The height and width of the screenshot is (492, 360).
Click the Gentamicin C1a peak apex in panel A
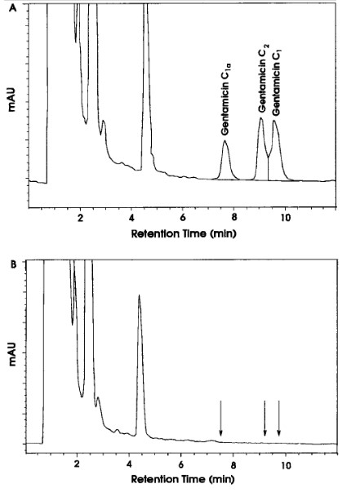(226, 141)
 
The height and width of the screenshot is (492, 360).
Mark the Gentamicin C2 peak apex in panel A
(260, 119)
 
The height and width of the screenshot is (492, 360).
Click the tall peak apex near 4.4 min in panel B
(140, 296)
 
